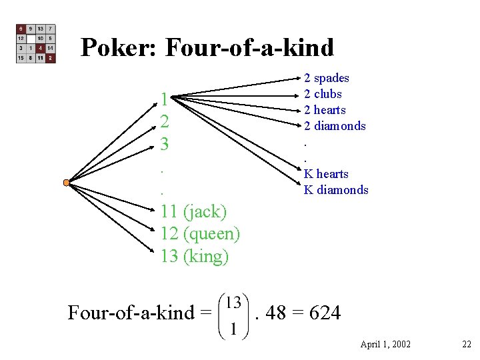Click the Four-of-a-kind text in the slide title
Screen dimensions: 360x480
click(x=249, y=47)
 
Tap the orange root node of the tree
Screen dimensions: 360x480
click(x=66, y=183)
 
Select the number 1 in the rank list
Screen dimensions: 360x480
click(x=165, y=100)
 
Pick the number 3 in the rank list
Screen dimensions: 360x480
click(x=165, y=143)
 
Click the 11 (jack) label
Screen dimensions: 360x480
click(x=194, y=212)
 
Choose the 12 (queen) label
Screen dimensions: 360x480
click(x=200, y=234)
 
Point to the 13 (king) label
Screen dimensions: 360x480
click(x=195, y=256)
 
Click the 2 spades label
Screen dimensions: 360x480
click(x=327, y=78)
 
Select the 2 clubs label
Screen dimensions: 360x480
click(x=323, y=94)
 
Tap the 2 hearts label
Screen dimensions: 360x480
click(x=325, y=110)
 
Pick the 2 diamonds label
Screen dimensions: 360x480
click(x=335, y=126)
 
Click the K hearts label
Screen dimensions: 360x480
click(x=326, y=174)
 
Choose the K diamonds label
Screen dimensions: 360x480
click(x=336, y=190)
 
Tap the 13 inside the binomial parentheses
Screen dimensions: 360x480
click(x=233, y=302)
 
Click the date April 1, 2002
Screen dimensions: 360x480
click(x=385, y=344)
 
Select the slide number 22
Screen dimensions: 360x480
click(x=466, y=344)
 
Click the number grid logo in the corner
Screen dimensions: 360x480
click(x=36, y=44)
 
